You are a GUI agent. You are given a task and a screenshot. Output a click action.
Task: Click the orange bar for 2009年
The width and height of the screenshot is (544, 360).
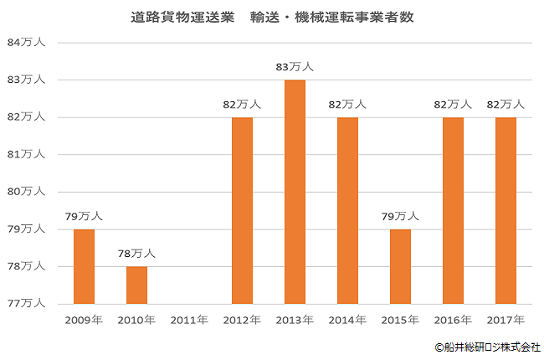pos(84,266)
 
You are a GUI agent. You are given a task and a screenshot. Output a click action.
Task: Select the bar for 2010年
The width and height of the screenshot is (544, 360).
pos(136,285)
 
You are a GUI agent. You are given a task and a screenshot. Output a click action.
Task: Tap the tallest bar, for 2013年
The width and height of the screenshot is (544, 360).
pos(295,192)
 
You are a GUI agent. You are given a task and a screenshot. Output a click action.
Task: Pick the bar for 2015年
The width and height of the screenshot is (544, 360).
pos(400,266)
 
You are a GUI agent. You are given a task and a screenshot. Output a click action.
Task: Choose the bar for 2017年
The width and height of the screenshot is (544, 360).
pos(506,210)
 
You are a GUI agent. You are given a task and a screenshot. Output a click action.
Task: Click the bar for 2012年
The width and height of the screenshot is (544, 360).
pos(242,210)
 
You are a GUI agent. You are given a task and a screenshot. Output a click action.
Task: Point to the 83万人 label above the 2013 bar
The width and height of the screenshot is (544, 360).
pos(295,67)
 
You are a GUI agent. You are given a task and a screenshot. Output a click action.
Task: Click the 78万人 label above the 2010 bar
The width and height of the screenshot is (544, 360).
pos(136,254)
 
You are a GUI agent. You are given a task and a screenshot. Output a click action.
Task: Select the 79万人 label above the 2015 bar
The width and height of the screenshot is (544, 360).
pos(400,216)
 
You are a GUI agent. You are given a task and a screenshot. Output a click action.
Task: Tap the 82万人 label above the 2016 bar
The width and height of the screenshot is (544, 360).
pos(453,105)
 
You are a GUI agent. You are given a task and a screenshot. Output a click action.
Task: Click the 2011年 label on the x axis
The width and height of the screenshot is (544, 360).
pos(189,320)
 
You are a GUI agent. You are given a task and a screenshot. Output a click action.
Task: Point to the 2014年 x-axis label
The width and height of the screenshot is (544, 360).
pos(347,320)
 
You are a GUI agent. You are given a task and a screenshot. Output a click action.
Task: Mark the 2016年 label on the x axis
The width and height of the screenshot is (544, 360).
pos(453,320)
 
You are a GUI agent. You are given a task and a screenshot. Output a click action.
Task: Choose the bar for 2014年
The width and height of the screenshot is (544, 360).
pos(347,210)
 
